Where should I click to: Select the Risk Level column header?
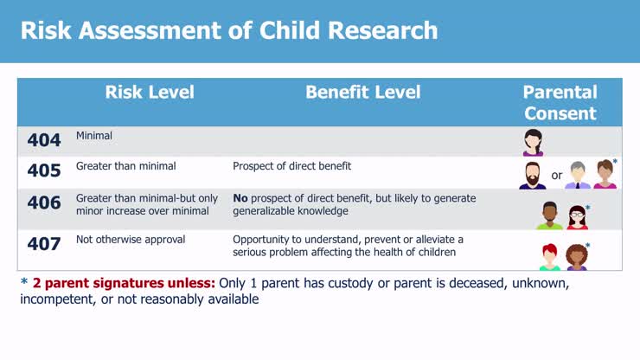click(x=150, y=93)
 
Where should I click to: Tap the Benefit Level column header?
click(x=362, y=93)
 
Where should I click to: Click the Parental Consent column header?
click(x=560, y=103)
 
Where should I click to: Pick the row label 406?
click(x=43, y=204)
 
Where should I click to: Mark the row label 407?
click(x=43, y=245)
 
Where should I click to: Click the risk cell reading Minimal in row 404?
click(x=94, y=136)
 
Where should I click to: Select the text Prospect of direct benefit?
click(x=291, y=166)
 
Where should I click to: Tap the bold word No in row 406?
click(x=240, y=198)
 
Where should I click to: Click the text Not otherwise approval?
click(x=131, y=240)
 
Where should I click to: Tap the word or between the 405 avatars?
click(x=556, y=176)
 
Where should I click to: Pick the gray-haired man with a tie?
click(x=578, y=175)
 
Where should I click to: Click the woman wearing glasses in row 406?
click(x=577, y=216)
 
